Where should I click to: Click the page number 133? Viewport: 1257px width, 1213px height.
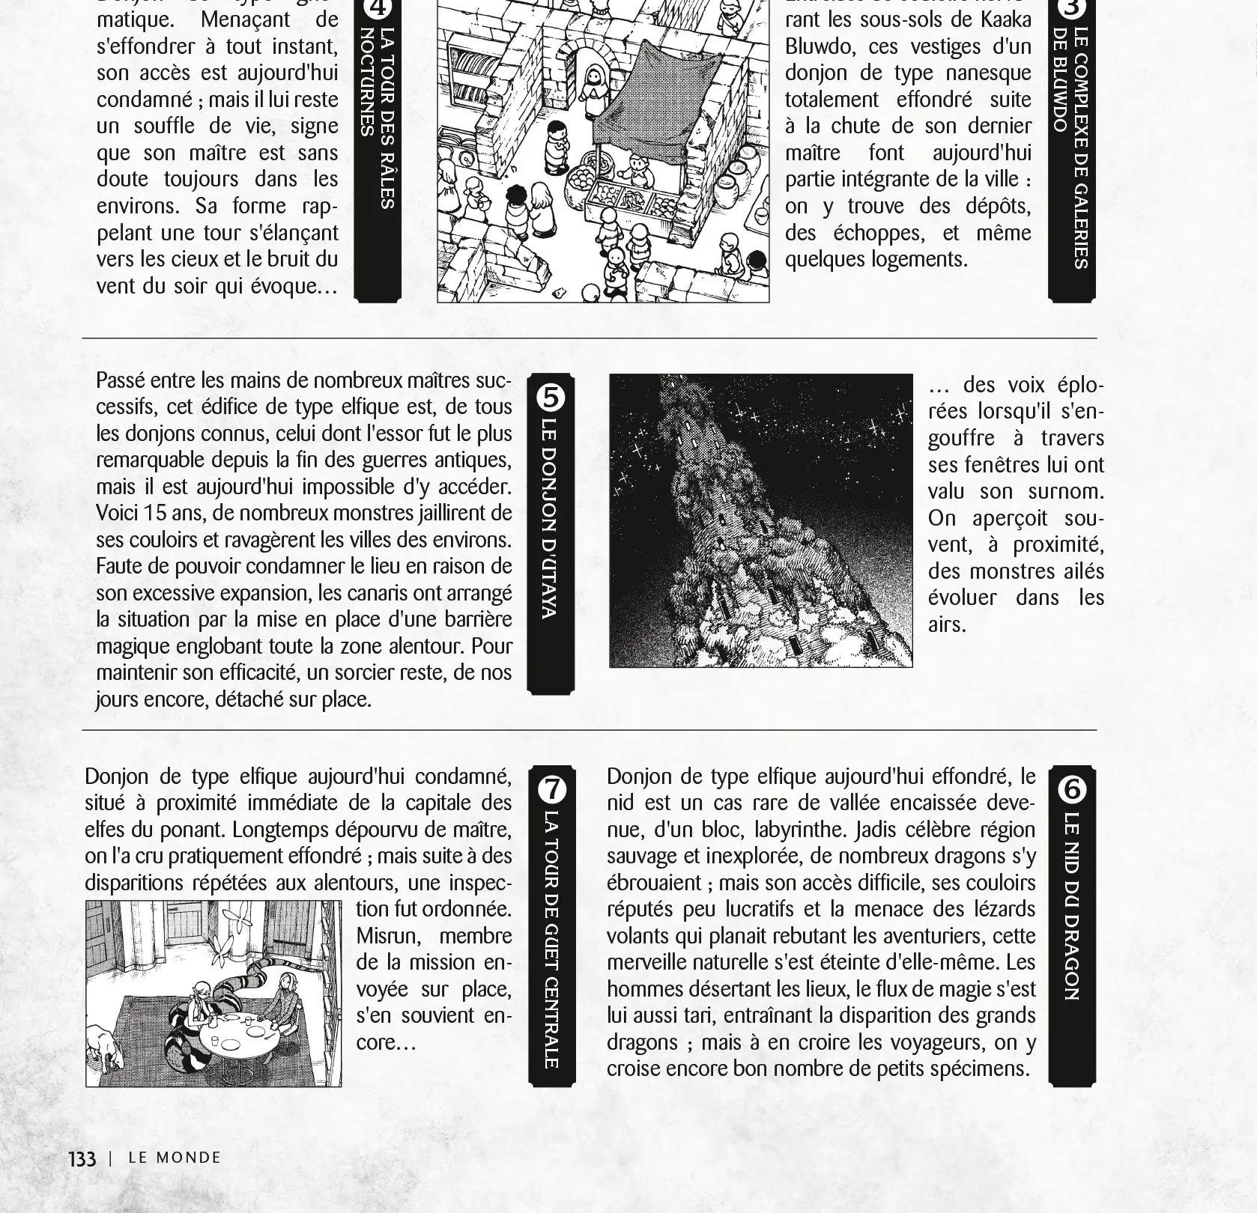82,1158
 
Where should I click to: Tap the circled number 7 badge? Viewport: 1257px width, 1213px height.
552,789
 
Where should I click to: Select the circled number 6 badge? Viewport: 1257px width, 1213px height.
1072,789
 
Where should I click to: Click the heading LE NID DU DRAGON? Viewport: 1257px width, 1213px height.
1071,906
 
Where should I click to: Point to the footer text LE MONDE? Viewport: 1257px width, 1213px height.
175,1158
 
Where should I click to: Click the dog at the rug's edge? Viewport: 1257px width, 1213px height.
105,1044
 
